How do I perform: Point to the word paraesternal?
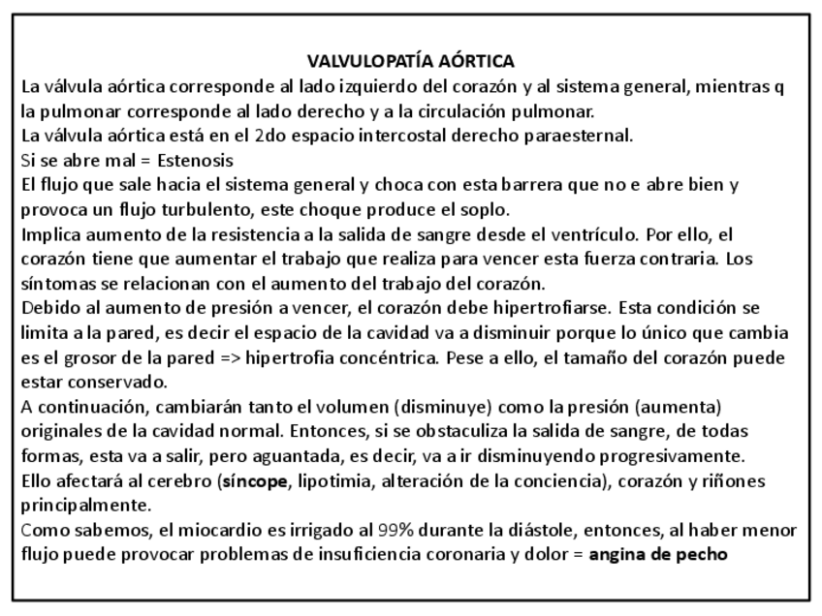click(586, 136)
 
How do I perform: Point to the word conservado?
click(112, 382)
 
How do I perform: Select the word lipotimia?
click(331, 481)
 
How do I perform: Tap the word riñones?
click(736, 481)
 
